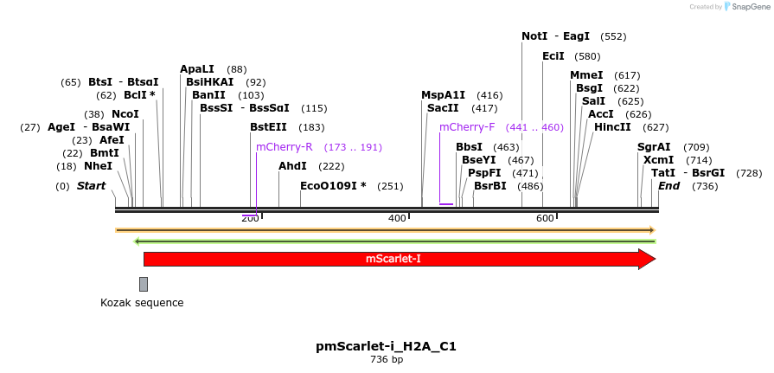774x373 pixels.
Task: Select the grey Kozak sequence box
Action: (144, 284)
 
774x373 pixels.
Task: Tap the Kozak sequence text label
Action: (142, 303)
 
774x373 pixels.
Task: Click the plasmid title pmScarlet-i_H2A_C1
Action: (386, 346)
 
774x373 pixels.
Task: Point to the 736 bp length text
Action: (386, 359)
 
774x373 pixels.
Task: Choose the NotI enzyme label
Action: (534, 36)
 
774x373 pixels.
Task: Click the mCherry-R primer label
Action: (284, 147)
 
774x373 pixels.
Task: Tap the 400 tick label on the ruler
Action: (397, 218)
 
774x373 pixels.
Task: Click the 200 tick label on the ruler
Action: (249, 218)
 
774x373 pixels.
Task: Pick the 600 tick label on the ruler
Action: (545, 218)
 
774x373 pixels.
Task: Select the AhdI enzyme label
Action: (292, 166)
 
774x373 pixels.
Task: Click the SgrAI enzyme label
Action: (654, 147)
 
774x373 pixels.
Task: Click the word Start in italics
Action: (91, 186)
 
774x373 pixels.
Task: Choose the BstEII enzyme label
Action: (268, 127)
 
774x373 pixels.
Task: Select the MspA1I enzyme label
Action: (443, 95)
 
